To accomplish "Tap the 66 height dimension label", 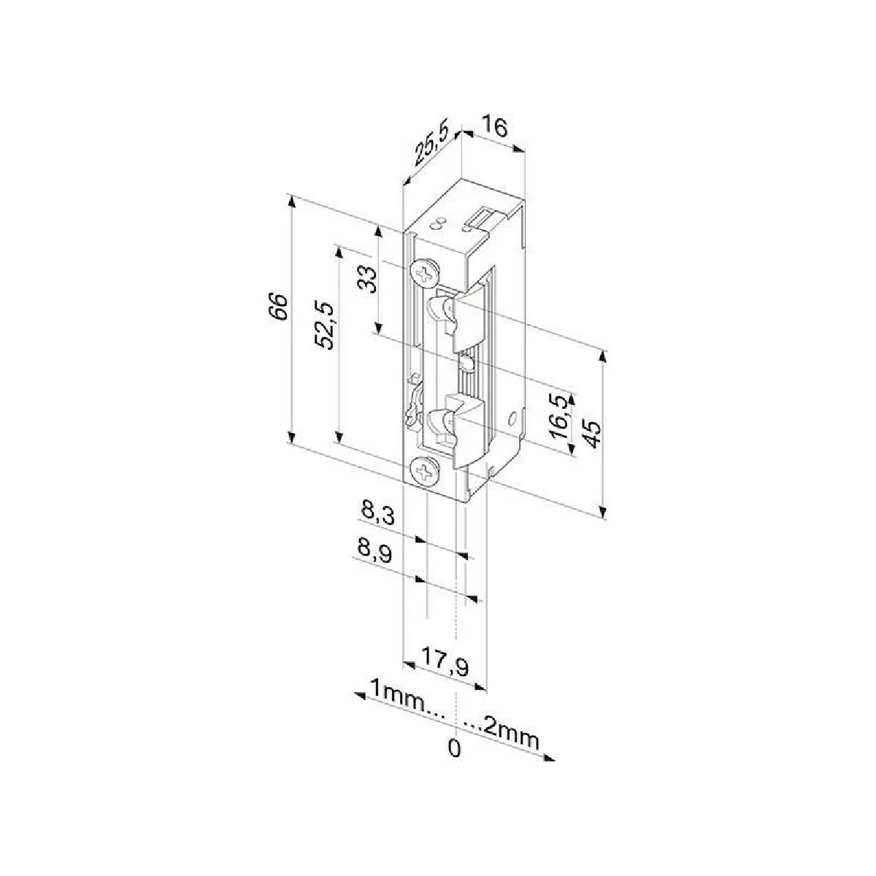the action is [277, 307].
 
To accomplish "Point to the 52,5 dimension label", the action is [326, 325].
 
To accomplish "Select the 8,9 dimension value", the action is [374, 553].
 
